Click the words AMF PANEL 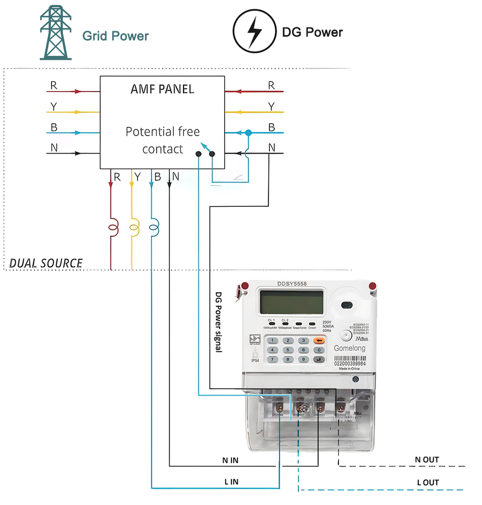(x=162, y=89)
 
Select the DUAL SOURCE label (x=46, y=263)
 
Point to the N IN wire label (x=230, y=460)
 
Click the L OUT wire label (x=428, y=482)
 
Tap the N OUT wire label (x=427, y=460)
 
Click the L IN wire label (x=230, y=481)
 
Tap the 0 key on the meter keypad (x=319, y=350)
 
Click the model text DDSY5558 (x=292, y=284)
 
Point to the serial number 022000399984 (x=350, y=363)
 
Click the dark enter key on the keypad (x=319, y=359)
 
